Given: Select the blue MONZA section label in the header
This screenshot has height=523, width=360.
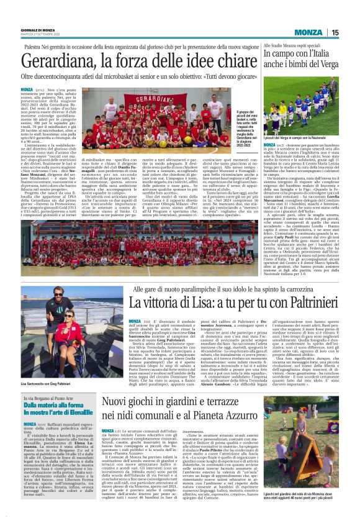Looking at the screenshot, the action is (x=308, y=33).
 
